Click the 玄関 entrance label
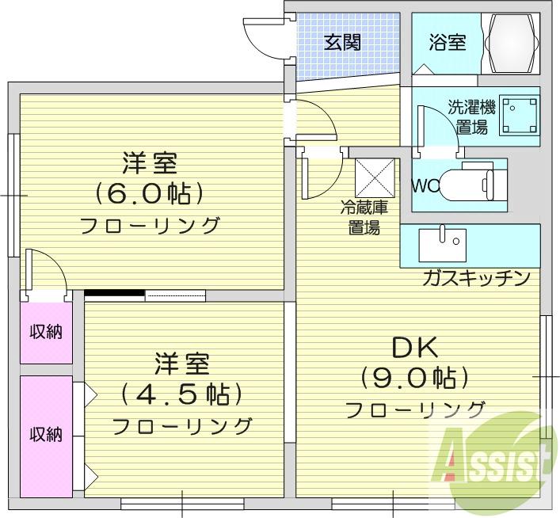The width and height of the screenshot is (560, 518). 342,42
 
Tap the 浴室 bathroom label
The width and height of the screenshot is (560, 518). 448,41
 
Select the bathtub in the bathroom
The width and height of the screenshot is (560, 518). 510,44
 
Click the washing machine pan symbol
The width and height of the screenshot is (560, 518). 520,116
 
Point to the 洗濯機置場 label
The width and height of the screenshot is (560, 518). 472,116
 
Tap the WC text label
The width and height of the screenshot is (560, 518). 425,186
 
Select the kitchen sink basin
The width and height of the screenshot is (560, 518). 443,245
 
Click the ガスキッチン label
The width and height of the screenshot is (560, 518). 476,278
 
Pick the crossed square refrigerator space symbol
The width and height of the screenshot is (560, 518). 375,178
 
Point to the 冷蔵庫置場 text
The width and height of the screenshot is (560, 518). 364,217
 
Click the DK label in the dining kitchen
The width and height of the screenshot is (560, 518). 415,348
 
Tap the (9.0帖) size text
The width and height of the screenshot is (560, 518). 414,378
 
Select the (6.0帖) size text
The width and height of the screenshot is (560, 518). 149,193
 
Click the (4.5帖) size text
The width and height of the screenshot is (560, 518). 181,394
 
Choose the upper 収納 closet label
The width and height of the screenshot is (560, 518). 46,332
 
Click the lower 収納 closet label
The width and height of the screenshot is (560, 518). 46,434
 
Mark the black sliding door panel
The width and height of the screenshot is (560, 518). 115,293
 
